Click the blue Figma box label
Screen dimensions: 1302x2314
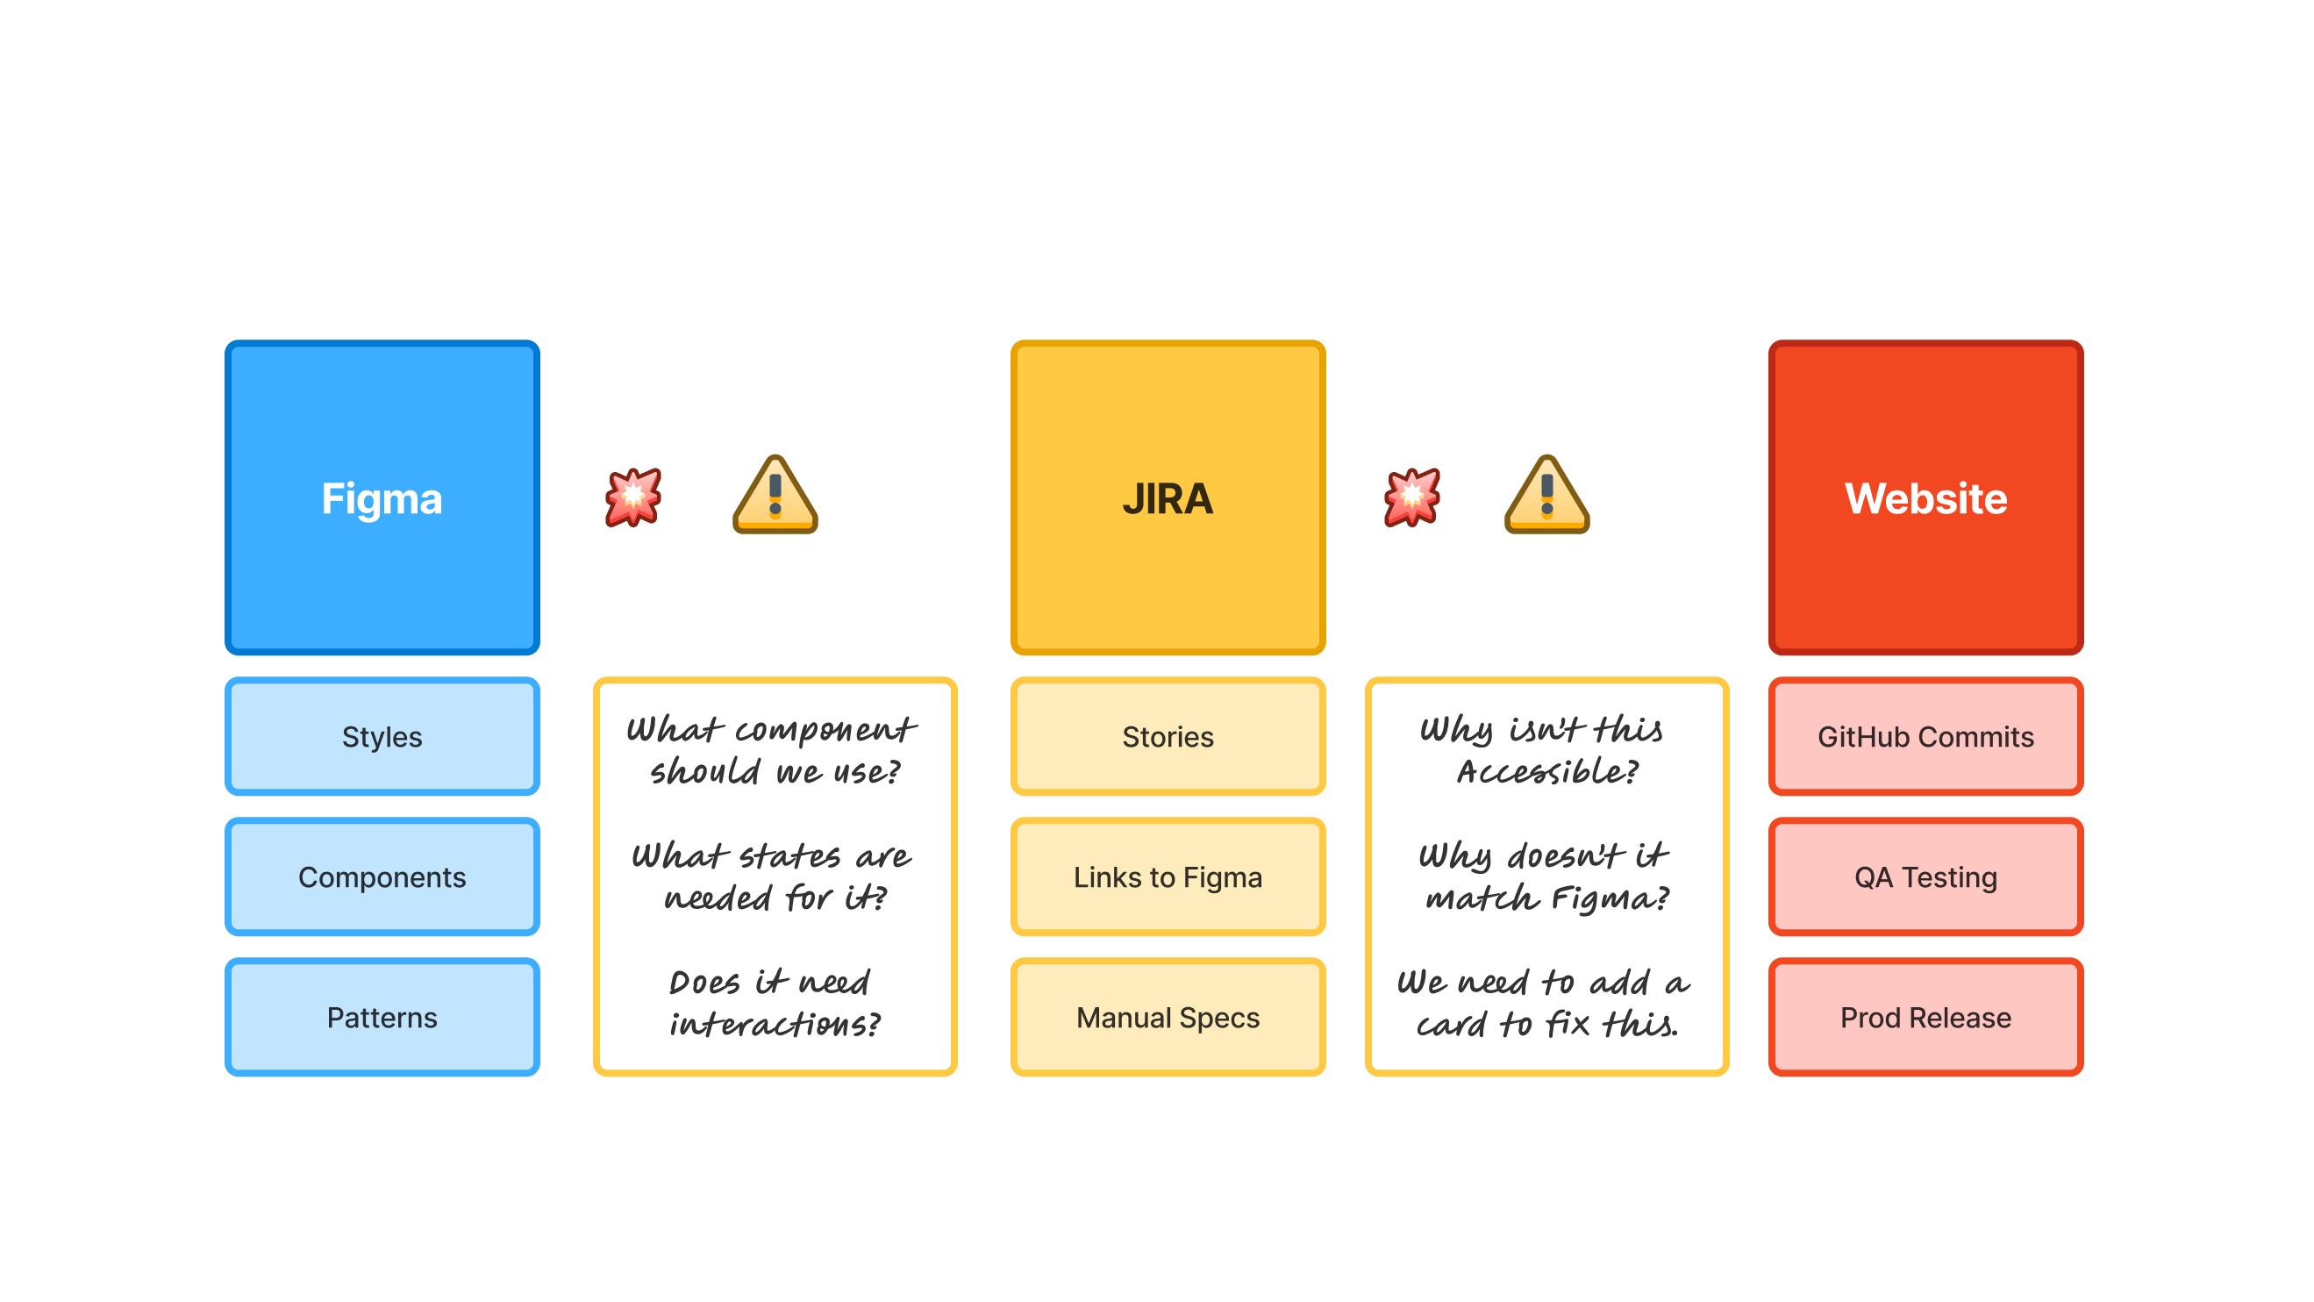pyautogui.click(x=382, y=498)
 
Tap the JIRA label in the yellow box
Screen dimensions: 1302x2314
pyautogui.click(x=1168, y=498)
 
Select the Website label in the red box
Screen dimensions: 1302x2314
pyautogui.click(x=1925, y=498)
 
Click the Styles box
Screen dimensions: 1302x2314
pyautogui.click(x=382, y=737)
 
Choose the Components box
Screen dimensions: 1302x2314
pyautogui.click(x=382, y=877)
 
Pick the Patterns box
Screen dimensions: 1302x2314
pyautogui.click(x=382, y=1017)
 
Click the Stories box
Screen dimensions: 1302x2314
pyautogui.click(x=1168, y=737)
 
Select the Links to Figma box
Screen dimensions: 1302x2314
pyautogui.click(x=1168, y=877)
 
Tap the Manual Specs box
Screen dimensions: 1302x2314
pyautogui.click(x=1168, y=1017)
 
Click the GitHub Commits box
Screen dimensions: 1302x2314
pyautogui.click(x=1925, y=737)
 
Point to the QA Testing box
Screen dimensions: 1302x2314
pyautogui.click(x=1925, y=877)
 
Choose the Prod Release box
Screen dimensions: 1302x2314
pyautogui.click(x=1925, y=1017)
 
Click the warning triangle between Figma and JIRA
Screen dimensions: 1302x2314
pyautogui.click(x=775, y=496)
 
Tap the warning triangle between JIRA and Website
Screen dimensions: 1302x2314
pyautogui.click(x=1546, y=496)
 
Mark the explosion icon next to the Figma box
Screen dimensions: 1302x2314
pyautogui.click(x=633, y=496)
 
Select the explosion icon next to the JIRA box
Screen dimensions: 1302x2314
pyautogui.click(x=1411, y=496)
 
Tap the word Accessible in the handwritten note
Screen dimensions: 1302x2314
pyautogui.click(x=1546, y=772)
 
